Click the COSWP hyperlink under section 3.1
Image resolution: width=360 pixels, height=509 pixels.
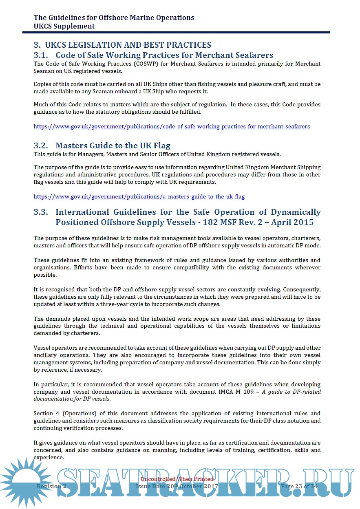(x=171, y=127)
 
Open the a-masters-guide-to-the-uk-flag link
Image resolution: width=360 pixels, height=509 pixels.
(x=139, y=197)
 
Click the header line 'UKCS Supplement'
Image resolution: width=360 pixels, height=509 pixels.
(x=64, y=26)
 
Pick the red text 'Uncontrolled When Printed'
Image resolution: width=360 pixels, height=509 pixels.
(x=177, y=479)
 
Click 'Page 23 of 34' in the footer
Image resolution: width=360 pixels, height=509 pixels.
(x=299, y=486)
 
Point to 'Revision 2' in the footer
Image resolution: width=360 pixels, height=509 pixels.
(x=51, y=486)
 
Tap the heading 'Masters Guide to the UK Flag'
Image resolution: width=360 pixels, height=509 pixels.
(x=113, y=145)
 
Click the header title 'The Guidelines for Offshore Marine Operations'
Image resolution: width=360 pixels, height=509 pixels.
(x=114, y=18)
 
